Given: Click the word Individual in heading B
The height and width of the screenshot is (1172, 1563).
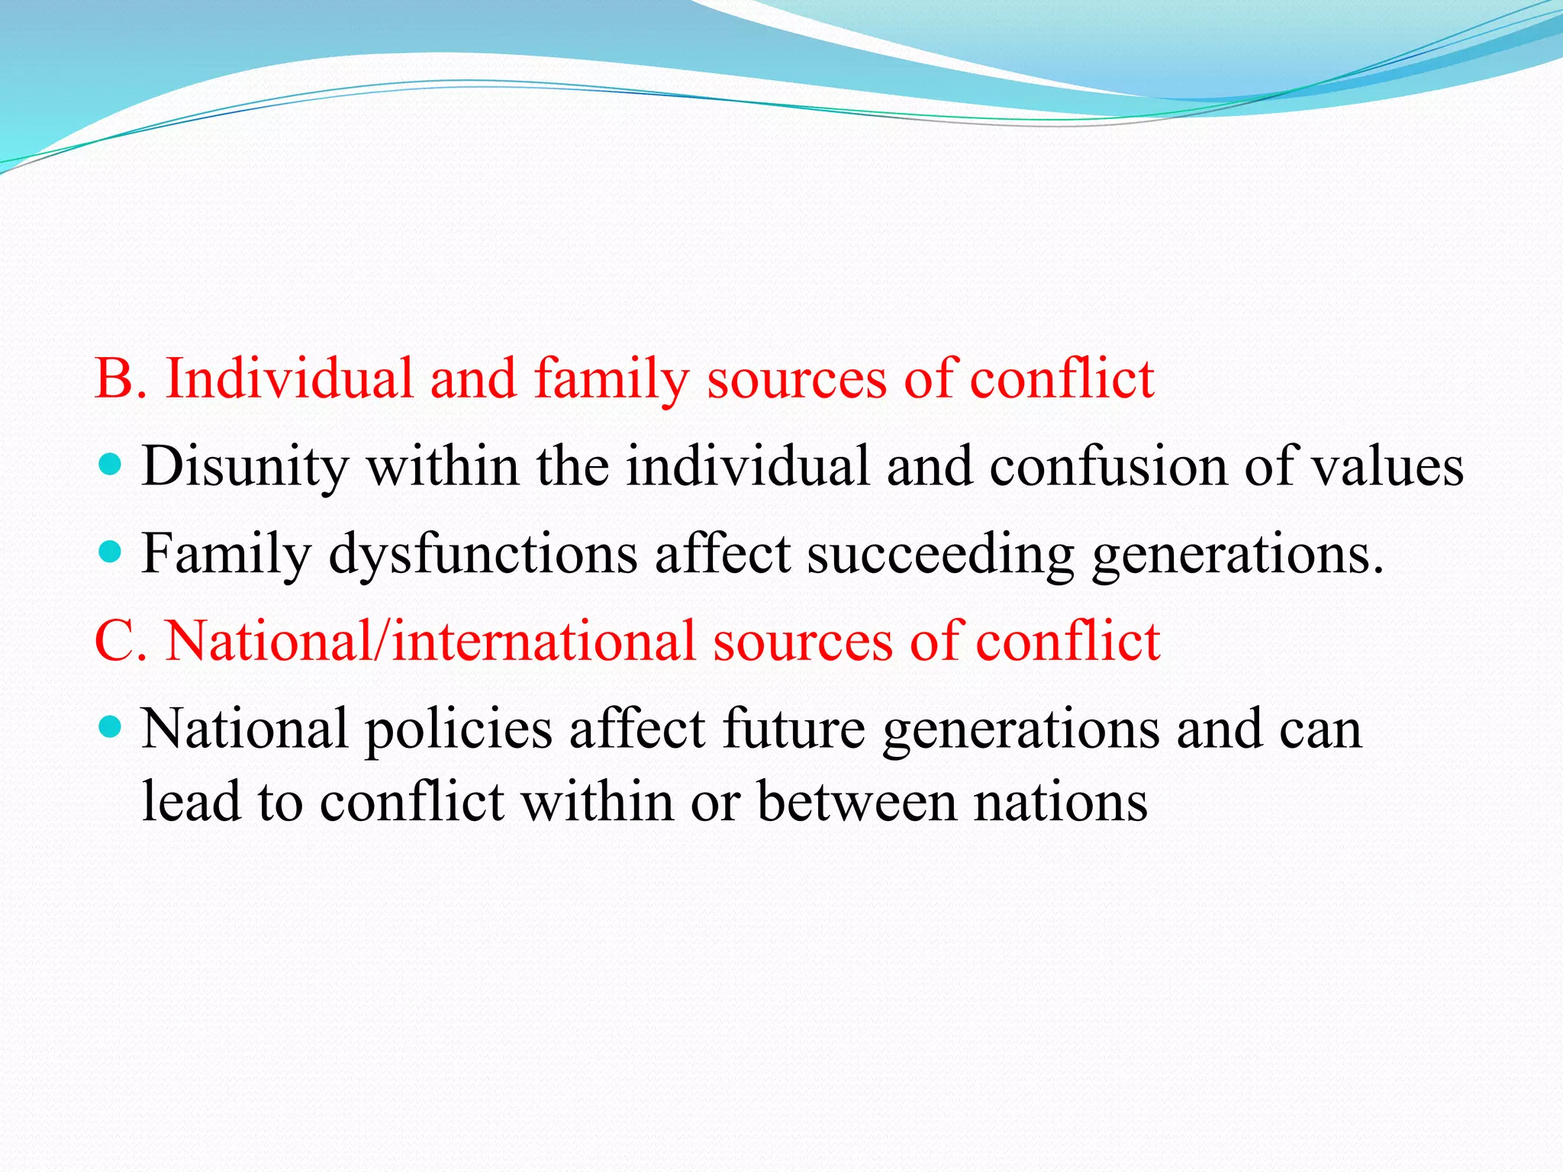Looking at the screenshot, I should (288, 378).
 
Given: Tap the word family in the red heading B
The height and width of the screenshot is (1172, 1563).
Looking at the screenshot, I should (611, 380).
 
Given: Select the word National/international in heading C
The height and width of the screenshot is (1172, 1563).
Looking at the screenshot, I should (430, 641).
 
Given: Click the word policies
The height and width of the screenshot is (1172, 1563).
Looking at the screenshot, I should (458, 729).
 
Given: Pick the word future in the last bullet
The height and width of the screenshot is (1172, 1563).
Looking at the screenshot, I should (793, 728).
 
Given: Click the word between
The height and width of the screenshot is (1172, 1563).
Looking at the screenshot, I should (857, 802).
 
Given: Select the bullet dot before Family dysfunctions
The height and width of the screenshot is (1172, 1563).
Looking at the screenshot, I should (111, 551).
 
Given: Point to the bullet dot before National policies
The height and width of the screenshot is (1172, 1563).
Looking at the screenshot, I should (111, 726).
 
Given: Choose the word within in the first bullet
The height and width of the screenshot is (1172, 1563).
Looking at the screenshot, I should (443, 466).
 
